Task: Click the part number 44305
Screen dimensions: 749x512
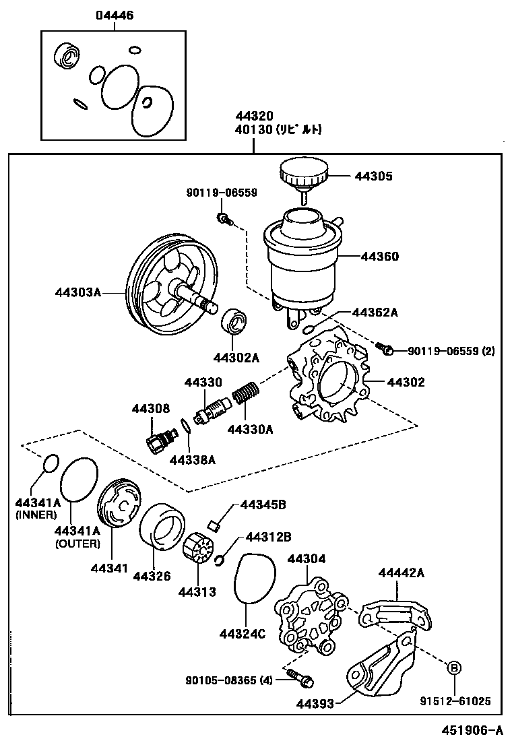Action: pyautogui.click(x=375, y=176)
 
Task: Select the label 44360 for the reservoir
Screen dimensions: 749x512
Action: pyautogui.click(x=380, y=257)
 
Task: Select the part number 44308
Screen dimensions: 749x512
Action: pyautogui.click(x=151, y=408)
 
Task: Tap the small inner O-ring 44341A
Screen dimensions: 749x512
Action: pyautogui.click(x=51, y=463)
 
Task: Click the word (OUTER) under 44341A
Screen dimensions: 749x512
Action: pyautogui.click(x=77, y=544)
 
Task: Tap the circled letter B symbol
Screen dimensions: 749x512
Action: pyautogui.click(x=454, y=667)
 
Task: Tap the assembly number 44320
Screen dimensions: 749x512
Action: pyautogui.click(x=253, y=116)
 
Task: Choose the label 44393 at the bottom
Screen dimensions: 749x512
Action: pyautogui.click(x=315, y=704)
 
